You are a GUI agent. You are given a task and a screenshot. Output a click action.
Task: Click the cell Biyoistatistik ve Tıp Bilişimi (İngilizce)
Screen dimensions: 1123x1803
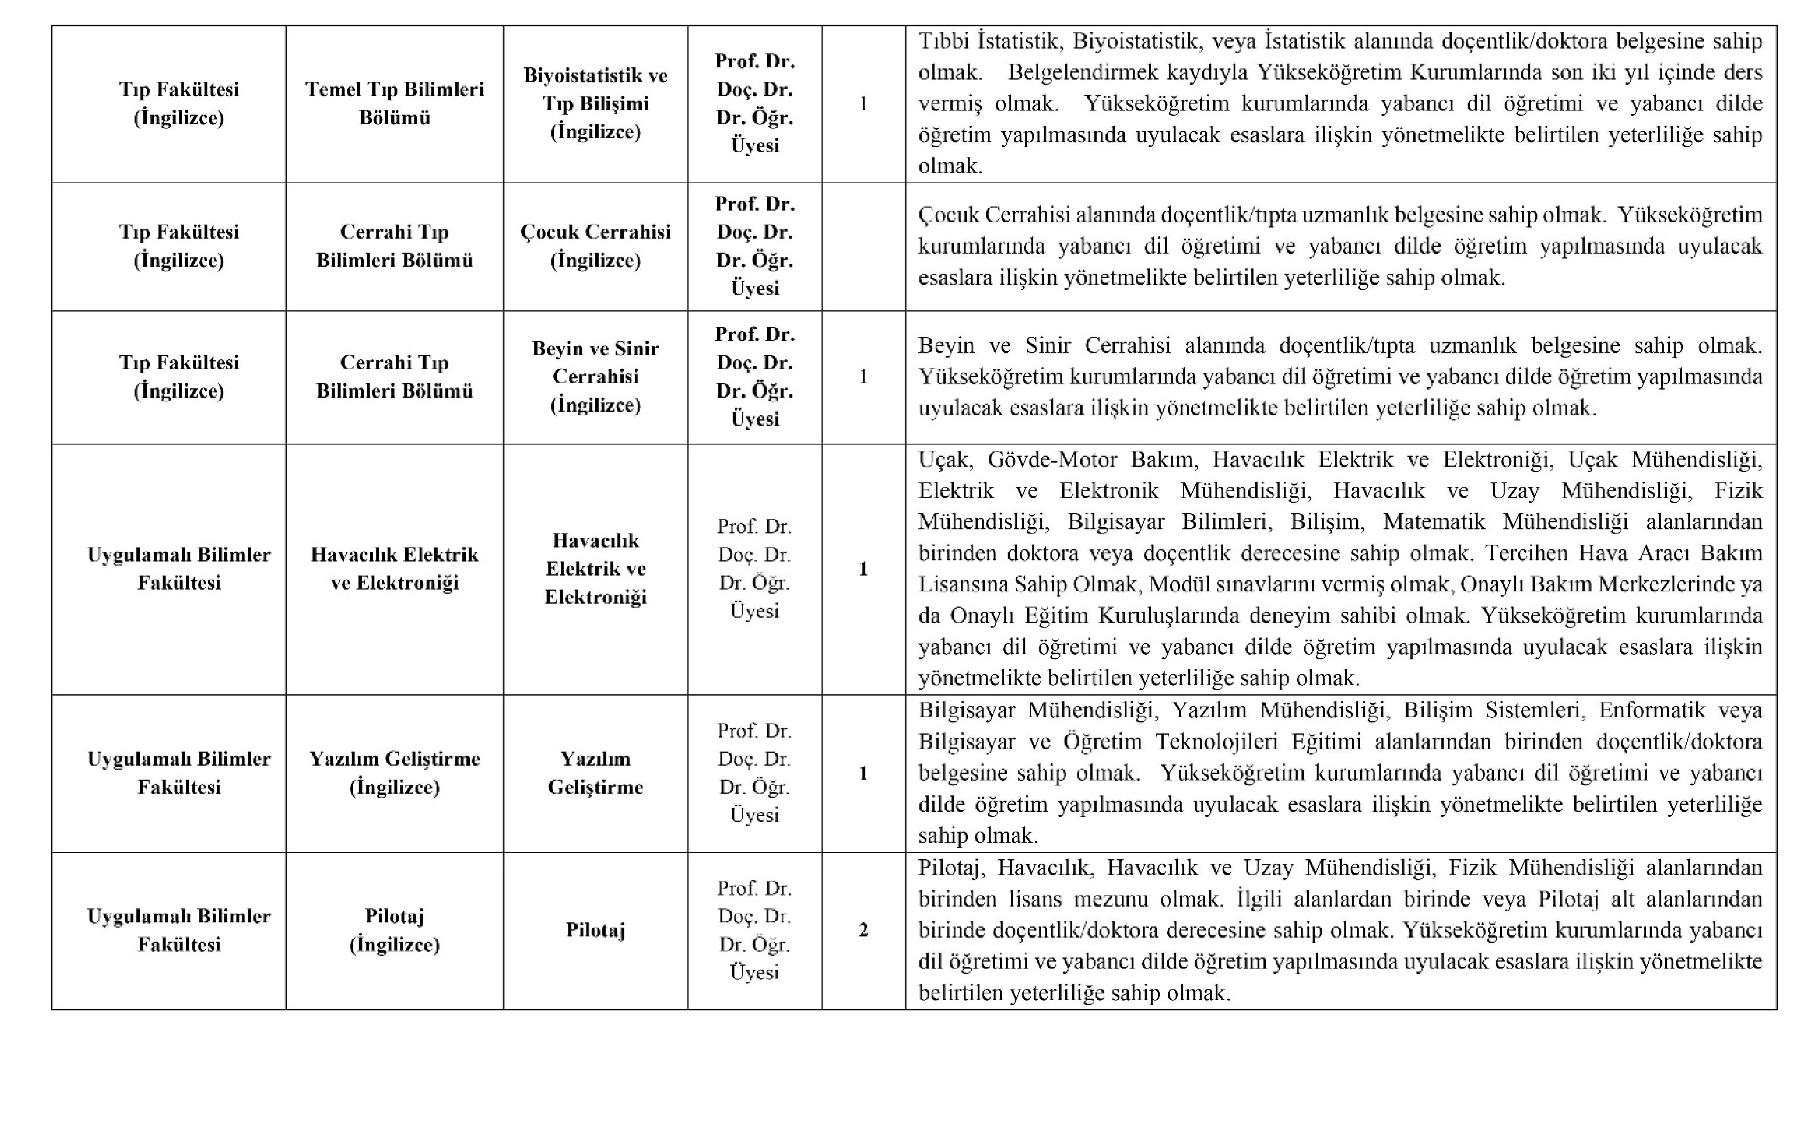pyautogui.click(x=595, y=104)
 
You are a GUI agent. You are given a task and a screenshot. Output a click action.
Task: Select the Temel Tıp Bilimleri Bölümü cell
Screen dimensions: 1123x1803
pyautogui.click(x=394, y=104)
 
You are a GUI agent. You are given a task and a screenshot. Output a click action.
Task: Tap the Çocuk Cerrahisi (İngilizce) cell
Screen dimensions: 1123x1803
pyautogui.click(x=595, y=246)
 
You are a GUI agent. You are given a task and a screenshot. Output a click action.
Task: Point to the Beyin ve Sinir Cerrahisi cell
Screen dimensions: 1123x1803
pyautogui.click(x=595, y=377)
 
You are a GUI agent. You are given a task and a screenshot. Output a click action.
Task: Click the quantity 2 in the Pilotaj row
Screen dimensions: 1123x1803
pyautogui.click(x=863, y=930)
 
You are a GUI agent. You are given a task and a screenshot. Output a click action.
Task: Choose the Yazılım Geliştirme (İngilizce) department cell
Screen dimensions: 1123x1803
pyautogui.click(x=394, y=773)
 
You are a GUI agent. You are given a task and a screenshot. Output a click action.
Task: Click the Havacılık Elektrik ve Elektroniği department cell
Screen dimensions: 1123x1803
pyautogui.click(x=394, y=569)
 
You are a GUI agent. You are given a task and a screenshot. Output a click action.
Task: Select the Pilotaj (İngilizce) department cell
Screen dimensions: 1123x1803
pyautogui.click(x=394, y=930)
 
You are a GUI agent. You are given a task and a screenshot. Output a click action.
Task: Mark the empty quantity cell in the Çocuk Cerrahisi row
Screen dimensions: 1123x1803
pyautogui.click(x=863, y=246)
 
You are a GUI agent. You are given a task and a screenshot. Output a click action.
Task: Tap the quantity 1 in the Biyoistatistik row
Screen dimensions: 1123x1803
pyautogui.click(x=863, y=104)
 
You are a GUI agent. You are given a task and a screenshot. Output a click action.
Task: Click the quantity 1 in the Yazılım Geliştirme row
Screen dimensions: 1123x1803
pyautogui.click(x=863, y=773)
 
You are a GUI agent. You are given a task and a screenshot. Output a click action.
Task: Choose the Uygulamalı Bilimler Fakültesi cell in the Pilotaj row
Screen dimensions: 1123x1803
pyautogui.click(x=179, y=930)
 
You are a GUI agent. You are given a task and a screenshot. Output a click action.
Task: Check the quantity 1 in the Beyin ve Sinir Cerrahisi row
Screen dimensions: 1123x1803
pyautogui.click(x=863, y=377)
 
